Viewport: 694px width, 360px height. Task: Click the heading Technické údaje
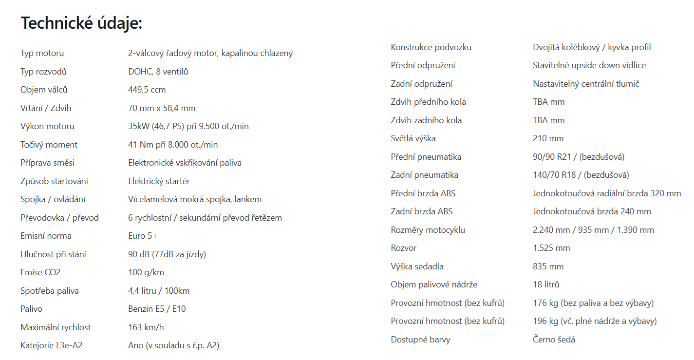click(x=81, y=23)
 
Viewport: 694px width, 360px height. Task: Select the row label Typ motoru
click(x=42, y=53)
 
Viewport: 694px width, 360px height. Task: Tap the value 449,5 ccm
click(x=147, y=90)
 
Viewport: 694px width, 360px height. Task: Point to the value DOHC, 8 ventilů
click(x=158, y=72)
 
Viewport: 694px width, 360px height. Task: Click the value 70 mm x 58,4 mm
click(x=162, y=108)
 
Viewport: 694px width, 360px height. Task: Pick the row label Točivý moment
click(x=49, y=145)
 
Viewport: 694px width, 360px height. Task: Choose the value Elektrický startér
click(x=159, y=181)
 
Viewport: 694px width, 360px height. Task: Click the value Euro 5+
click(x=143, y=236)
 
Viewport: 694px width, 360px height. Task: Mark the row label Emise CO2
click(x=40, y=272)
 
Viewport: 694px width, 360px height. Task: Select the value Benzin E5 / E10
click(x=157, y=309)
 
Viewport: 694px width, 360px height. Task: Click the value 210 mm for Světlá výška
click(x=548, y=138)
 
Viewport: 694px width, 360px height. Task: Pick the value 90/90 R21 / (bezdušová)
click(x=579, y=157)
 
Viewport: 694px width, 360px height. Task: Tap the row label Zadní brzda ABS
click(x=421, y=211)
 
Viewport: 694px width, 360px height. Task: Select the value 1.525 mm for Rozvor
click(x=551, y=248)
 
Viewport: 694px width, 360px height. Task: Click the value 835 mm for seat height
click(x=548, y=266)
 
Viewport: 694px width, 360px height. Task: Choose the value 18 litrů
click(x=546, y=284)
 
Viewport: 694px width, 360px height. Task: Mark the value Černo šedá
click(x=554, y=340)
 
